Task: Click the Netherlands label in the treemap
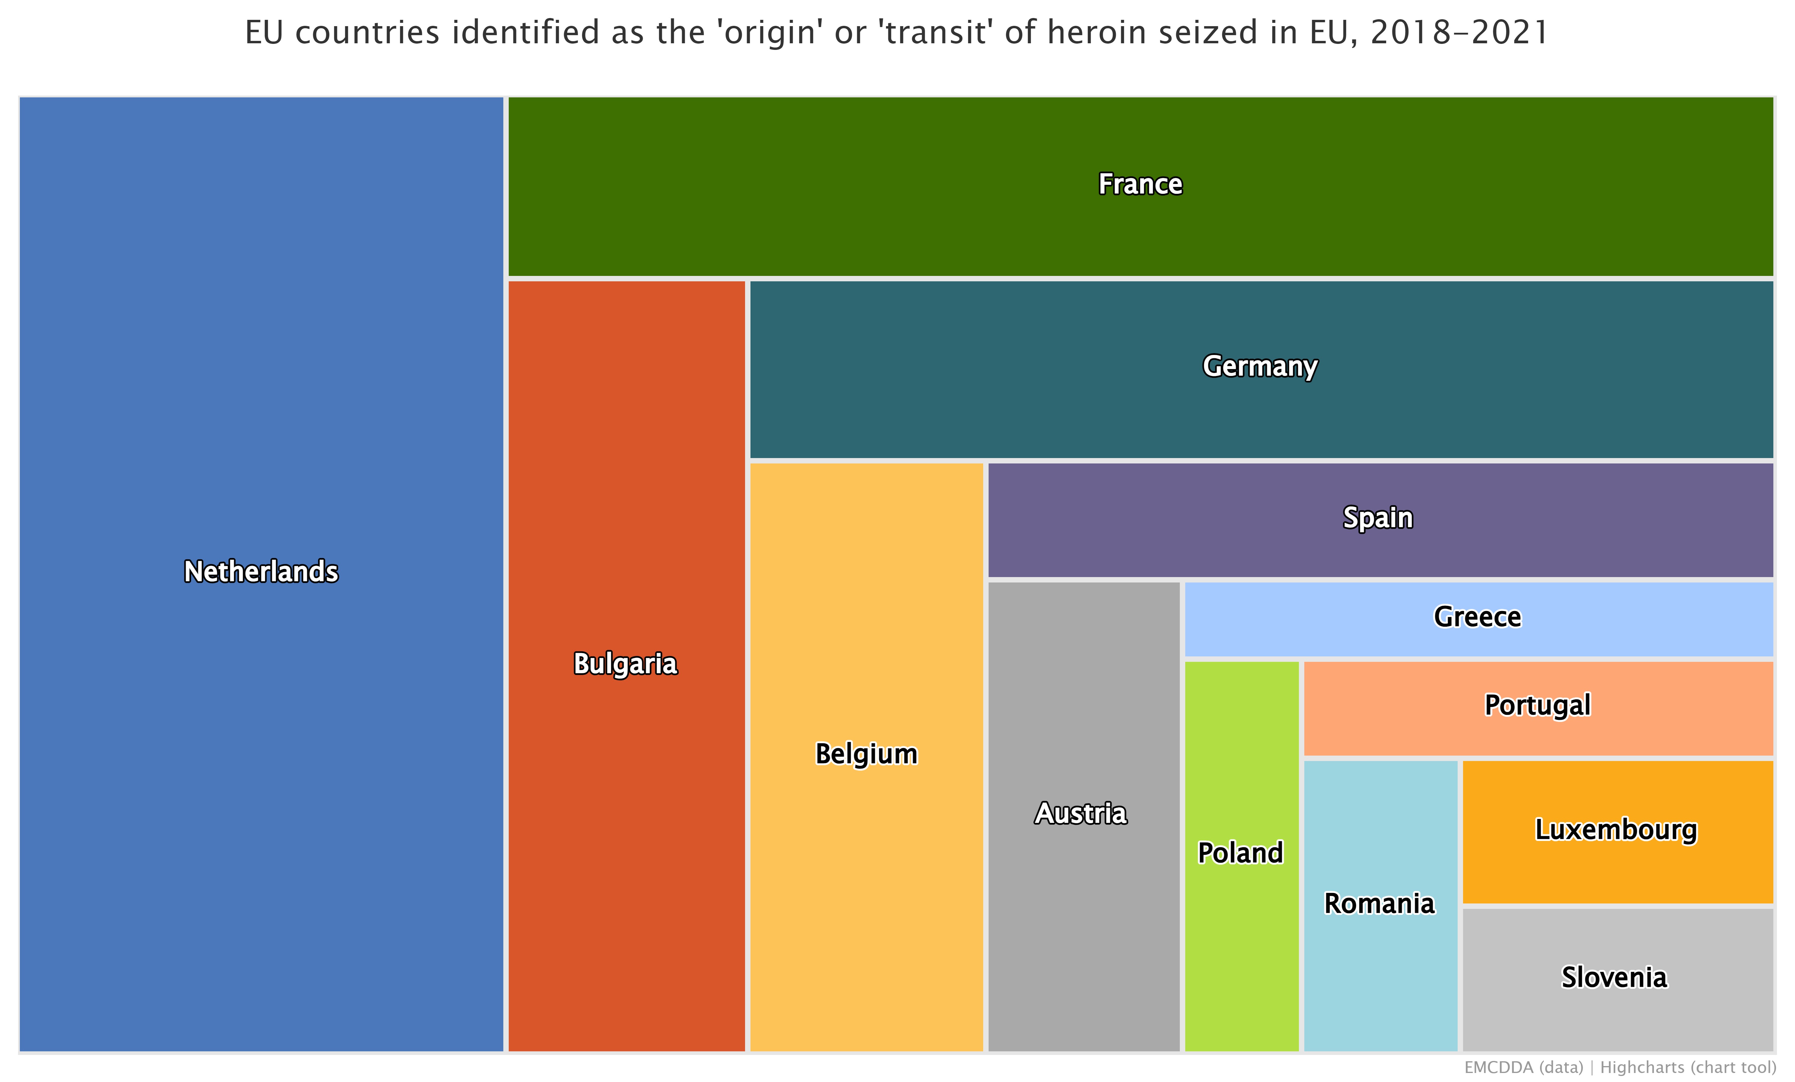261,572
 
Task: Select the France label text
1140,184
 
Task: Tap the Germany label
1260,366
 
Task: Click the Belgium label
866,754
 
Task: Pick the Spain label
1378,518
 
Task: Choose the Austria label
1081,813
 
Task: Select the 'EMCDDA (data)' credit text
1524,1068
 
